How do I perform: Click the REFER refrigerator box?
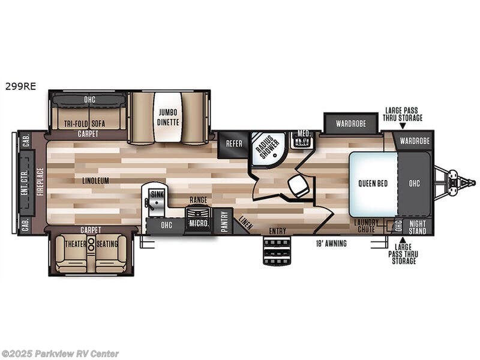233,145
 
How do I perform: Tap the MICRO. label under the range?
199,224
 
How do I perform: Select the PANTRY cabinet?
223,222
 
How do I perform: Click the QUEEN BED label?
373,183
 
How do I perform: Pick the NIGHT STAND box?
418,227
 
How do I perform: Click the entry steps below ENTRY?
277,251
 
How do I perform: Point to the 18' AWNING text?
331,244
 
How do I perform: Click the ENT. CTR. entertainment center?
26,183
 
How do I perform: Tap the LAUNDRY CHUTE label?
367,226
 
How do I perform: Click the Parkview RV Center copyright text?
60,353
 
